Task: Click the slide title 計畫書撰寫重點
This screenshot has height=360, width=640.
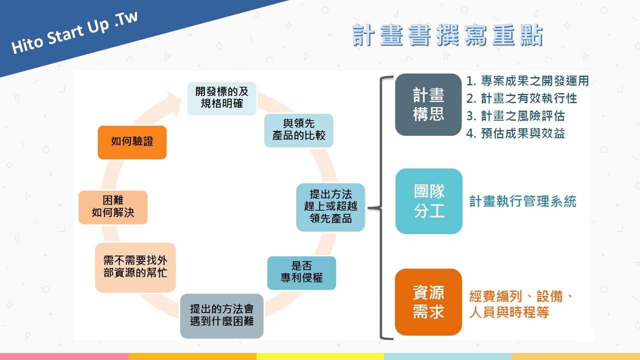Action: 447,35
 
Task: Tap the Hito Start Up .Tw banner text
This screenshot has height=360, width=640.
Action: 74,32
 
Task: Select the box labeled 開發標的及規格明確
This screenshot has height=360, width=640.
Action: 221,98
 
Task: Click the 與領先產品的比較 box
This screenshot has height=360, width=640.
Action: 298,130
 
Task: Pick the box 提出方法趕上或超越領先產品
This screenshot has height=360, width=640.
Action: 330,207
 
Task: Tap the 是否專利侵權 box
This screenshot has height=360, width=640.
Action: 301,273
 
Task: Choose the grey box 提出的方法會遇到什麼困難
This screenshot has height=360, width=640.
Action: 221,315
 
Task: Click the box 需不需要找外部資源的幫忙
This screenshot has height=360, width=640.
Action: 135,267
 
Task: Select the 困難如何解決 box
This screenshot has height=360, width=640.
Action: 113,207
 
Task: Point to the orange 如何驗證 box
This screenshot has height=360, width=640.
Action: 132,142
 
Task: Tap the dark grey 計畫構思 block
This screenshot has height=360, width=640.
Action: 428,104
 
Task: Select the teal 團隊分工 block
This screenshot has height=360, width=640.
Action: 429,201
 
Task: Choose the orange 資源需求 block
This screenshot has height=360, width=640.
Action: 428,302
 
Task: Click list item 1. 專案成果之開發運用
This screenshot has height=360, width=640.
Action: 527,81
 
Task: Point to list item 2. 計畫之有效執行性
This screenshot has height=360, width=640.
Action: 521,98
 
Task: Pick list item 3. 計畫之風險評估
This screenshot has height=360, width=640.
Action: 515,115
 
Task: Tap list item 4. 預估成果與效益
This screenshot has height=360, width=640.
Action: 515,133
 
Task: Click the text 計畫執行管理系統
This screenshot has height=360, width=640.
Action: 523,201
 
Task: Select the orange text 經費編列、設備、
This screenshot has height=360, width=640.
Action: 521,296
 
